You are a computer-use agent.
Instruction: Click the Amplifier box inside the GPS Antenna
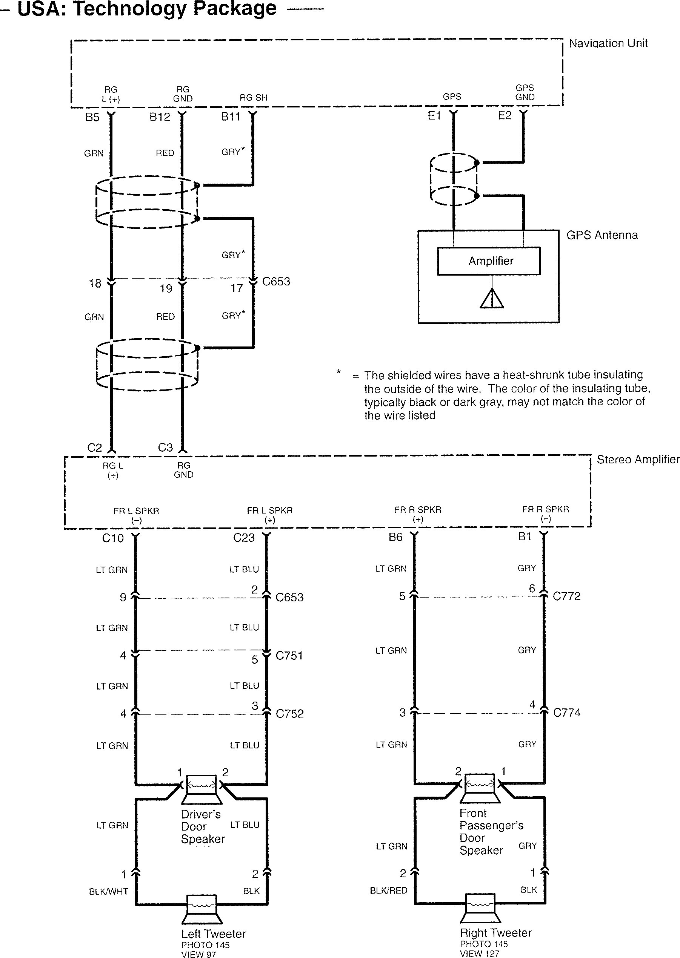point(489,261)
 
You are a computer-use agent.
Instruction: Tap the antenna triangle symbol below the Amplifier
point(492,298)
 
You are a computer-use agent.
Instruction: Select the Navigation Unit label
point(608,43)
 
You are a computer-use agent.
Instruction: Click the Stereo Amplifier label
point(638,459)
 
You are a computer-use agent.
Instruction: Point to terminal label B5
point(92,117)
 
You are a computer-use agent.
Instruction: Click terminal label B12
point(160,117)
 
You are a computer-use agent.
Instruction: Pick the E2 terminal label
point(505,115)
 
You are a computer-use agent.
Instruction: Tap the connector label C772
point(566,596)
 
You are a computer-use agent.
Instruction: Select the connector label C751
point(289,656)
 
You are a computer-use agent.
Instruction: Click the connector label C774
point(567,713)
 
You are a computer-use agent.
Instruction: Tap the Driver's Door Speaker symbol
point(202,789)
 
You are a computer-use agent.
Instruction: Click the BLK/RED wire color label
point(389,891)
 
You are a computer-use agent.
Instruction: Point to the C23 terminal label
point(244,538)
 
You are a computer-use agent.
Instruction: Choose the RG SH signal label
point(253,98)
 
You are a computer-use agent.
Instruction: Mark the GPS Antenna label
point(602,235)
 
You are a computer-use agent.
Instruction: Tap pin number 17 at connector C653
point(237,288)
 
